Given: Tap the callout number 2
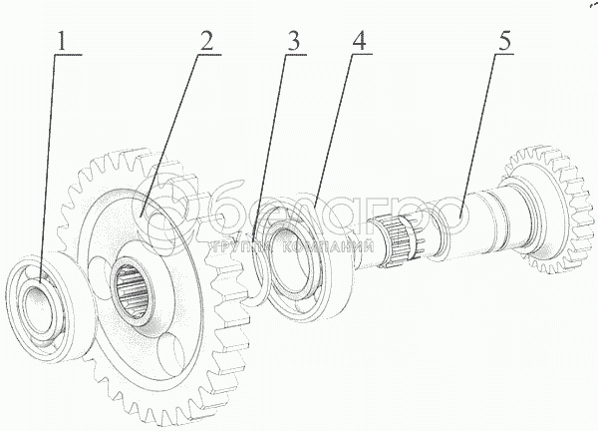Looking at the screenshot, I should click(x=205, y=43).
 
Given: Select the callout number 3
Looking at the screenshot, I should click(x=291, y=43).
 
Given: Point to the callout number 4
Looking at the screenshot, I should click(x=356, y=43).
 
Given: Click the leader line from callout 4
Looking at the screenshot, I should click(x=334, y=130).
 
